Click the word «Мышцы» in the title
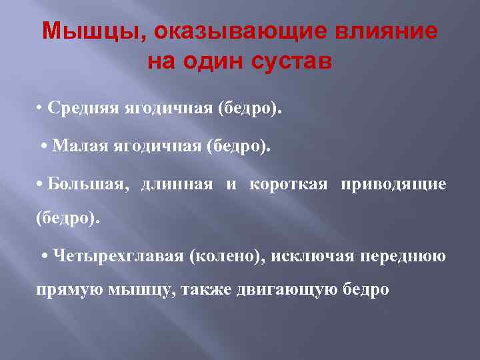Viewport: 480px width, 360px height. tap(73, 32)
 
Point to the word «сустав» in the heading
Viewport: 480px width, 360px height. tap(294, 63)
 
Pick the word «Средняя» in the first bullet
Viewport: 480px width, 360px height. tap(83, 109)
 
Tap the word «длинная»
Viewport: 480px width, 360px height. tap(177, 184)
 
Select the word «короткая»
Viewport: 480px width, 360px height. tap(288, 184)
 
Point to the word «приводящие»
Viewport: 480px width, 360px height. tap(393, 184)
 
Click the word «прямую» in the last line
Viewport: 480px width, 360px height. tap(62, 291)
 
